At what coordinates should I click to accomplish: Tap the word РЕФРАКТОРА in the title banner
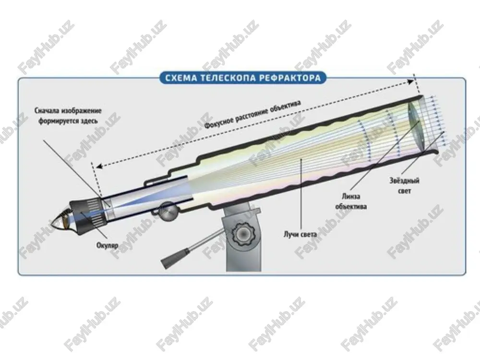coord(290,78)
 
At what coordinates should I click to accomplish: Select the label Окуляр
coord(107,245)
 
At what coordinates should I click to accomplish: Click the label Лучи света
coord(300,235)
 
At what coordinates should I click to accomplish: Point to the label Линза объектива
coord(351,201)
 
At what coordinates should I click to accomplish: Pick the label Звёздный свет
coord(404,185)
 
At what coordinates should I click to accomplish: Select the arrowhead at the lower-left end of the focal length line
coord(99,166)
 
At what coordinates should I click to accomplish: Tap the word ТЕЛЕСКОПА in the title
coord(228,78)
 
